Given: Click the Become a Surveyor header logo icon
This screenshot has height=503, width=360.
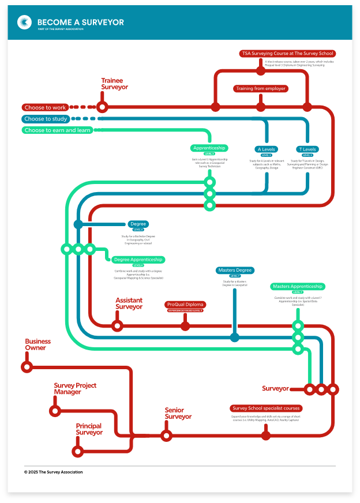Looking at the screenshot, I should (x=24, y=22).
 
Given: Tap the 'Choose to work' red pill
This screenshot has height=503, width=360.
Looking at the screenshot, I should (x=45, y=107).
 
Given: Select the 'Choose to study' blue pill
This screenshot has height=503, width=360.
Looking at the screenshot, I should (x=46, y=119).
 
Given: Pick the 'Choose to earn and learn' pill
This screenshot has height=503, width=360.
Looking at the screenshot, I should (x=57, y=130).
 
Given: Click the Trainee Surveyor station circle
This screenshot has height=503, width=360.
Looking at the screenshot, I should (x=102, y=107).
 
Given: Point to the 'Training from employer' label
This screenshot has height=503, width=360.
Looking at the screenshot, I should (x=261, y=89).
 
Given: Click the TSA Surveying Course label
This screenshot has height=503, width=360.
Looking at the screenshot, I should (x=287, y=54).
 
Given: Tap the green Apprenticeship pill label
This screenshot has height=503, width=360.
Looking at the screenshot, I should (x=209, y=148).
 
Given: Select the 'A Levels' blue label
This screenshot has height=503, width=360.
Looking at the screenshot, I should (x=267, y=149).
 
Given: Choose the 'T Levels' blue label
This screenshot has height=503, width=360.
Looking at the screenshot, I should (x=307, y=149).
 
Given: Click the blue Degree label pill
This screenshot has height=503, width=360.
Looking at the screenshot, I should (x=138, y=224).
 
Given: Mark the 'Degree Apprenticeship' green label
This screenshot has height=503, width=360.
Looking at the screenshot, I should (x=138, y=260).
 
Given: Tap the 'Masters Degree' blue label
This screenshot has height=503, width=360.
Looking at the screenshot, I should (x=235, y=270).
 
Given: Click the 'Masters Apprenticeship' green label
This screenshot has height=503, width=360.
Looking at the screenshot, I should (x=298, y=287).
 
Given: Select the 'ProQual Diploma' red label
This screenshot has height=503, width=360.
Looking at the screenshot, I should (x=185, y=305).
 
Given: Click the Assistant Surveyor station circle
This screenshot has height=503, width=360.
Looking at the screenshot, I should (x=117, y=326).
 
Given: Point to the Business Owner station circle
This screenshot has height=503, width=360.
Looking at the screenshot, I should (x=27, y=367).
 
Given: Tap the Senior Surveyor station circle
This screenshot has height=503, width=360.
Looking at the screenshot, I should (x=166, y=436).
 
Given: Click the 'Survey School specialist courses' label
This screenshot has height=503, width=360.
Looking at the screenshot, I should (x=266, y=408).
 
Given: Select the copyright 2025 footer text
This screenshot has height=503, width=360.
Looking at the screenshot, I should (x=53, y=472).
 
